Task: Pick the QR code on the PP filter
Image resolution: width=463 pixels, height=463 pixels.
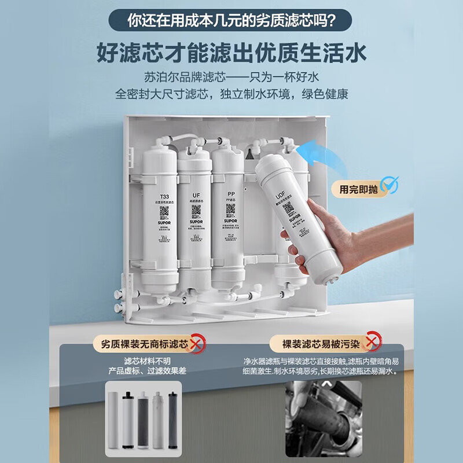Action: (230, 209)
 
